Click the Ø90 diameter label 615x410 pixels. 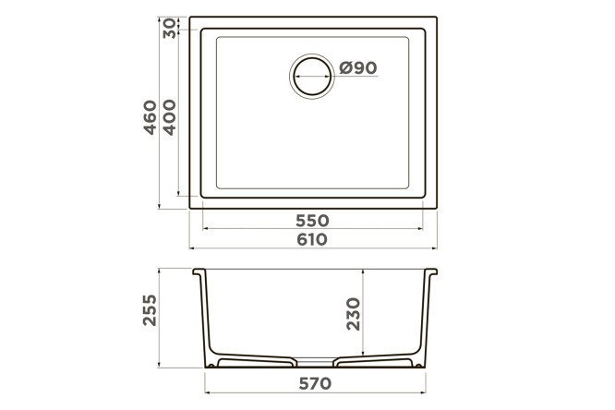357,68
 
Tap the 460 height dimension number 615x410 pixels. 151,117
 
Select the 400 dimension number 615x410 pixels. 169,117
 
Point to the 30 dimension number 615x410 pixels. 170,29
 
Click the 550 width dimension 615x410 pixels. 312,221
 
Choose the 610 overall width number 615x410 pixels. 312,239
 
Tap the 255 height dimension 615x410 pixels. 150,310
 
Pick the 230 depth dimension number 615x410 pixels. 354,314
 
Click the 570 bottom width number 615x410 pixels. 315,383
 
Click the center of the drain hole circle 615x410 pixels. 312,76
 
